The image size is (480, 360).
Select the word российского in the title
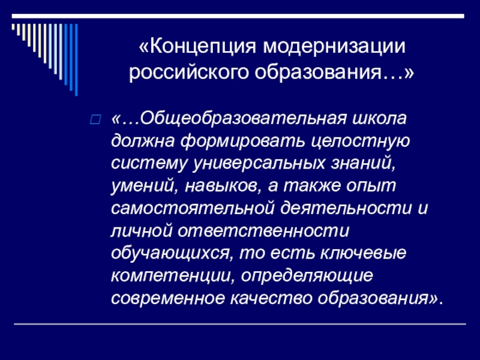[x=189, y=73]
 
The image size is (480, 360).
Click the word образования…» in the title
[x=336, y=73]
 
